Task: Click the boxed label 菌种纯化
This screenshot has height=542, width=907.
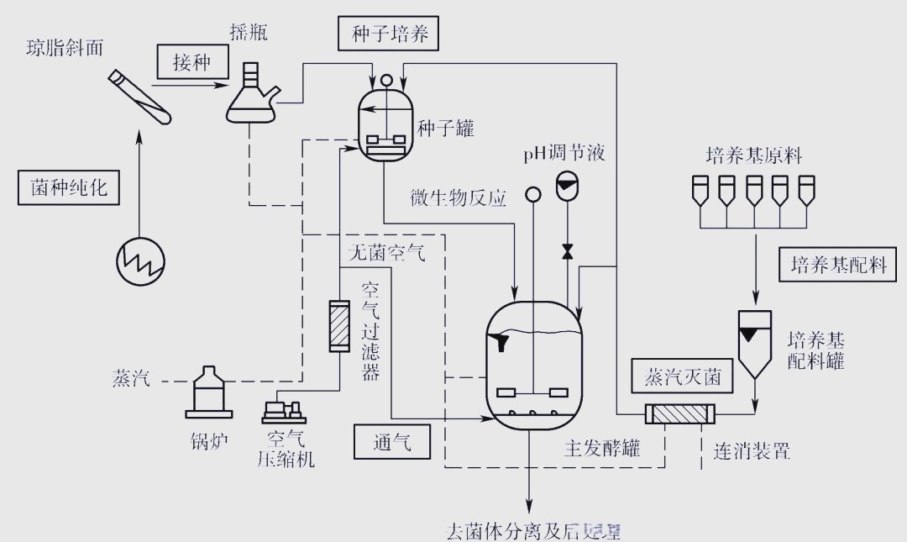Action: [69, 187]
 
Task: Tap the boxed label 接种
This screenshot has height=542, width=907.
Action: [191, 62]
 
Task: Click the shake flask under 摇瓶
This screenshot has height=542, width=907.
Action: [251, 95]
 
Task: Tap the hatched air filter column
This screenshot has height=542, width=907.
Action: [340, 326]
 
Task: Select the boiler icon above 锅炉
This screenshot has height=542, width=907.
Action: [208, 393]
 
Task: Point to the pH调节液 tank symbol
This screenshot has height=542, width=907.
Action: [567, 186]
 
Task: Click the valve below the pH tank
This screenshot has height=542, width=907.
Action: [567, 251]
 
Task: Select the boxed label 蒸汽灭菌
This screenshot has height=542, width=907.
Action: [683, 376]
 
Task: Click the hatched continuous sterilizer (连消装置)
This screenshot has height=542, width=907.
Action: [679, 414]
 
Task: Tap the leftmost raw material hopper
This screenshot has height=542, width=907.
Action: [700, 191]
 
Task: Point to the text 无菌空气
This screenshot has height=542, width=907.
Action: [386, 251]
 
